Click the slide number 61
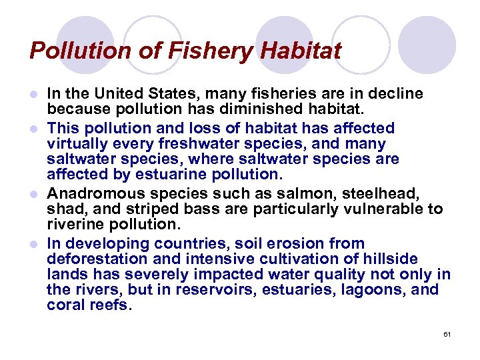447,333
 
